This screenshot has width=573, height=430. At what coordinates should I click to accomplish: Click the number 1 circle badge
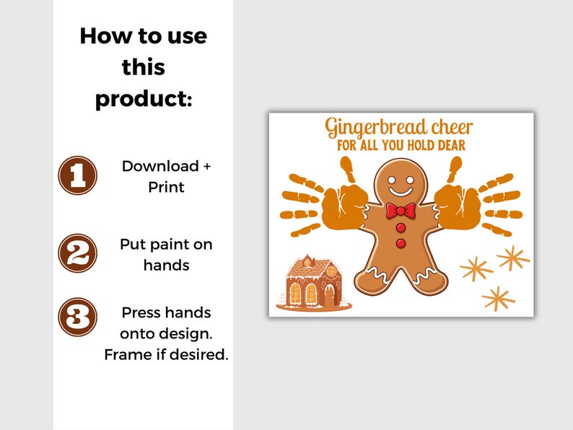click(x=77, y=175)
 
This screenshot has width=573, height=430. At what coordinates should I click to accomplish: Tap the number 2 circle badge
click(x=77, y=253)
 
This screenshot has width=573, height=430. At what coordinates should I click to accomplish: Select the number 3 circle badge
click(x=77, y=317)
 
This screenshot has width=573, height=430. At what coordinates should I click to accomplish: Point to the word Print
click(x=166, y=187)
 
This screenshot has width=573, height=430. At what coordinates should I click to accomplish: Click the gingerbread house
click(x=312, y=284)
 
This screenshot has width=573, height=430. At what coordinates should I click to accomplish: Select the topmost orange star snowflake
click(x=513, y=258)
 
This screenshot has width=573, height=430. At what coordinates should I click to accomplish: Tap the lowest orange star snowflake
click(x=499, y=297)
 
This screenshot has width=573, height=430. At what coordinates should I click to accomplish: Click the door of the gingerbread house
click(x=329, y=294)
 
